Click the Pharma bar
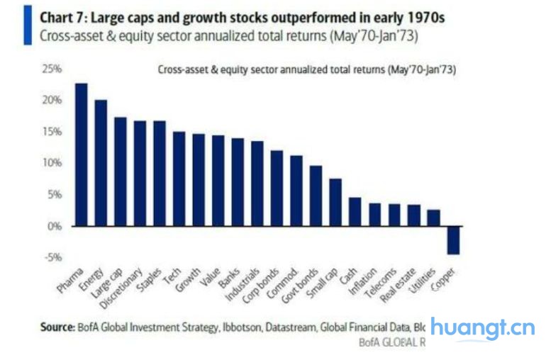click(82, 154)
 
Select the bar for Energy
click(101, 163)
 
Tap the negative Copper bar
click(453, 240)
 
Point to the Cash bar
click(355, 211)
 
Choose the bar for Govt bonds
click(316, 196)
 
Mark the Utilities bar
click(434, 218)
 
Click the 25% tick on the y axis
click(53, 69)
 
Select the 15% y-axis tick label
click(53, 132)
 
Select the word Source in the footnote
click(55, 327)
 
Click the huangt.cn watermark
click(482, 327)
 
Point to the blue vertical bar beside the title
click(28, 26)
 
